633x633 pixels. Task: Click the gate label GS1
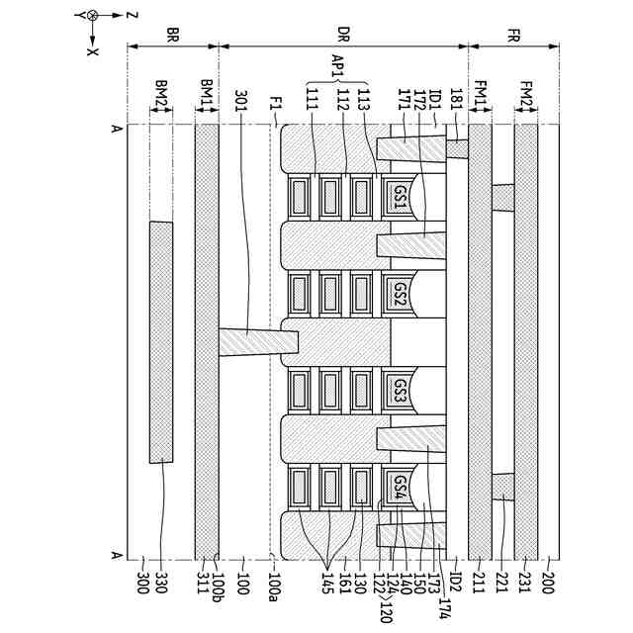[401, 196]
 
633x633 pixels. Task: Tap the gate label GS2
[401, 293]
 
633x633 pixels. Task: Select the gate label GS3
[401, 390]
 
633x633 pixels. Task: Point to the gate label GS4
[401, 486]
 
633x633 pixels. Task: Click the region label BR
[172, 33]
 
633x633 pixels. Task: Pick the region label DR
[343, 33]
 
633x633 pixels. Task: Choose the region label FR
[513, 33]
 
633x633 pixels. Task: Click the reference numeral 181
[454, 100]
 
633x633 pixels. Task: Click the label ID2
[455, 584]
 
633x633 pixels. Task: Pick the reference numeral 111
[313, 100]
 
